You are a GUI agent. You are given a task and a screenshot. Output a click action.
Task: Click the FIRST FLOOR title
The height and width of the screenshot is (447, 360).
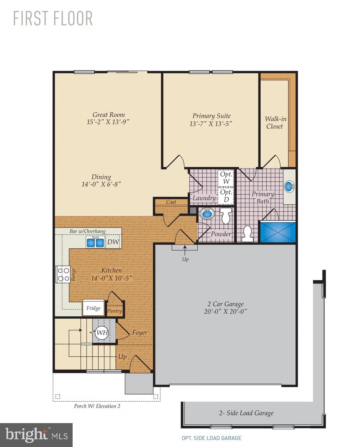click(x=53, y=18)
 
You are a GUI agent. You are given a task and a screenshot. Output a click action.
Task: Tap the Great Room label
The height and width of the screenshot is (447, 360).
click(x=109, y=115)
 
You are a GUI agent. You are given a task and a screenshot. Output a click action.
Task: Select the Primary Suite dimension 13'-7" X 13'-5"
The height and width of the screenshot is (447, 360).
click(x=211, y=124)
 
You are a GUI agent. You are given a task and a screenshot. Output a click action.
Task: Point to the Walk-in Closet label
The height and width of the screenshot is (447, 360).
click(x=275, y=122)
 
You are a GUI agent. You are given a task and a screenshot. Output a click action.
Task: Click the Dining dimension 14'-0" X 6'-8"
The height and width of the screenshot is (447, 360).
click(x=101, y=184)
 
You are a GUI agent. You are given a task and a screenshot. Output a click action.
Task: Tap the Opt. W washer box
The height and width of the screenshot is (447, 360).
click(x=226, y=178)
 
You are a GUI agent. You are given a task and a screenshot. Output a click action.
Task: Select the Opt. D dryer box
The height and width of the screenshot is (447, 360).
click(x=226, y=196)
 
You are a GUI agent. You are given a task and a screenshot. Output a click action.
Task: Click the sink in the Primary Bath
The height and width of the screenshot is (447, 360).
click(x=289, y=187)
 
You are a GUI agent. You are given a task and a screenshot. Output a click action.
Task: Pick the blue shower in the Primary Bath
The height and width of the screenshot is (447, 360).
click(x=278, y=232)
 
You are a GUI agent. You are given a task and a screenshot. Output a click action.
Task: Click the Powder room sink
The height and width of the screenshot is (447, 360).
click(x=207, y=214)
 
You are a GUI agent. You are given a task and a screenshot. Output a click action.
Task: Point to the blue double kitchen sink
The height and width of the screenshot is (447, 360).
click(x=95, y=242)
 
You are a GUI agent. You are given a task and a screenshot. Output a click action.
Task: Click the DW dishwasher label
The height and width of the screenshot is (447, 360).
click(x=113, y=242)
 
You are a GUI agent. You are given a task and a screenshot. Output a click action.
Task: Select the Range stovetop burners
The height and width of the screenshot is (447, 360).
click(x=63, y=274)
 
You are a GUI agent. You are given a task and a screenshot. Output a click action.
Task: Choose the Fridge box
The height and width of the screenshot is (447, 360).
click(x=93, y=308)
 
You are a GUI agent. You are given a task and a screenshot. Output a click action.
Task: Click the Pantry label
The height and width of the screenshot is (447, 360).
click(x=114, y=311)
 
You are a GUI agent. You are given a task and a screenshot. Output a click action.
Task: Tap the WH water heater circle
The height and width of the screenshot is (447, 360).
click(x=102, y=333)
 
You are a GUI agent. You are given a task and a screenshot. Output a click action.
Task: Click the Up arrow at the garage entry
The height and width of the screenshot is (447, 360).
click(x=185, y=248)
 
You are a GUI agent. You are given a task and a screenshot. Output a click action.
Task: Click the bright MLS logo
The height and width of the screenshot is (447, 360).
click(x=36, y=435)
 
